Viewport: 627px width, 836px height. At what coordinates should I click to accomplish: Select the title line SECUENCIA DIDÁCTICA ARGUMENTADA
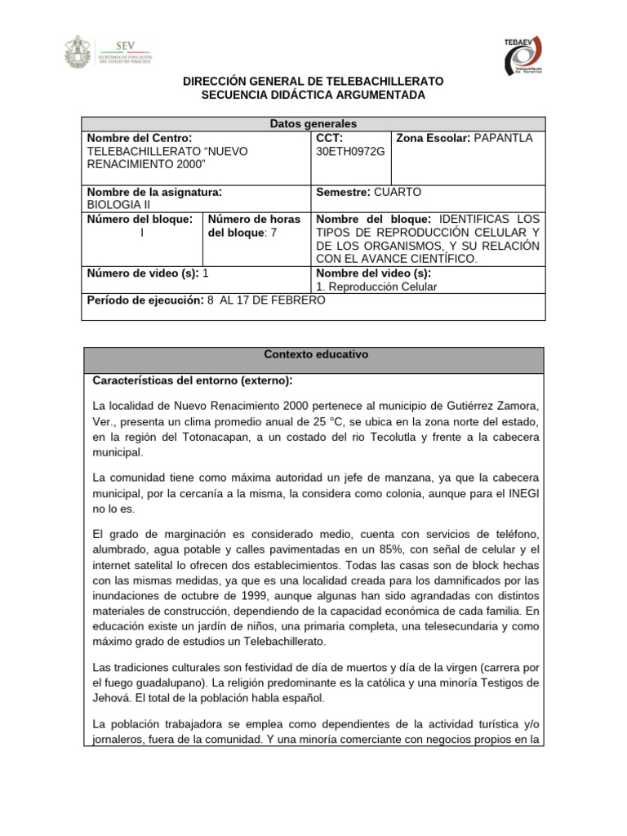pyautogui.click(x=313, y=96)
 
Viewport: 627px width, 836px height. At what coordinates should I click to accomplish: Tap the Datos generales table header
pyautogui.click(x=313, y=124)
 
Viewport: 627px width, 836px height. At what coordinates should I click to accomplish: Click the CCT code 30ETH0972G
pyautogui.click(x=349, y=152)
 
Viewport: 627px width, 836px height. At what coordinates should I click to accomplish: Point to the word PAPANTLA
pyautogui.click(x=502, y=138)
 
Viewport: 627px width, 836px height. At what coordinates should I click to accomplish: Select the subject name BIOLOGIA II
pyautogui.click(x=118, y=205)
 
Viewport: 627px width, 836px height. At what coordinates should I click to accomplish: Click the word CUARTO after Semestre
pyautogui.click(x=398, y=192)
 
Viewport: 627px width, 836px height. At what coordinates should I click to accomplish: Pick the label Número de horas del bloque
pyautogui.click(x=254, y=225)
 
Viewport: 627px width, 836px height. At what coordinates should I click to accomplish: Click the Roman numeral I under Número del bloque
pyautogui.click(x=142, y=233)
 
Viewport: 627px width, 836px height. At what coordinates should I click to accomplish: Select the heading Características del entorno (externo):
pyautogui.click(x=193, y=381)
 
